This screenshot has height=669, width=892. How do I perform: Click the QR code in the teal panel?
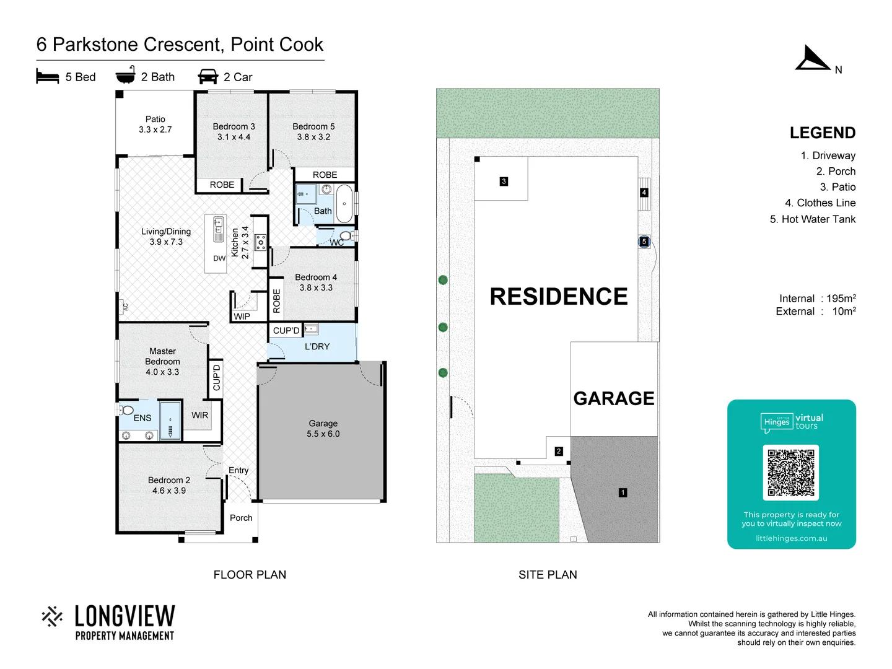791,473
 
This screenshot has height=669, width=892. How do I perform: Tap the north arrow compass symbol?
812,59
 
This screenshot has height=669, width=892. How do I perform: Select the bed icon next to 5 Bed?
48,77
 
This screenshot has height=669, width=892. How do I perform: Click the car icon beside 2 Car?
208,77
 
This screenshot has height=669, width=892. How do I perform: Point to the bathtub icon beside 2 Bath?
126,75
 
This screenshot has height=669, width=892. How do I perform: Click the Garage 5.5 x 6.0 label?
323,429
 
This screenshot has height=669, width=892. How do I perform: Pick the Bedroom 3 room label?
234,131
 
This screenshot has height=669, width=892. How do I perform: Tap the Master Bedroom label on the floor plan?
162,361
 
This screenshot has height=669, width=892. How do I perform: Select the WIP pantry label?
242,317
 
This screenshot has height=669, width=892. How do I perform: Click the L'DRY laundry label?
317,346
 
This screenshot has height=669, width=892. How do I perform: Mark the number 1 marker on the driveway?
623,492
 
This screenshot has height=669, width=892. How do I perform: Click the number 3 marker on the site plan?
504,181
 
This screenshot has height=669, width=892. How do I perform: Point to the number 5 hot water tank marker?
644,242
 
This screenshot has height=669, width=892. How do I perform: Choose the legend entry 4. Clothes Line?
820,203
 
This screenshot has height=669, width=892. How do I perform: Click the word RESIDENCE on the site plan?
559,297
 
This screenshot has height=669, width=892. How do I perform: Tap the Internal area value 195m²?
841,299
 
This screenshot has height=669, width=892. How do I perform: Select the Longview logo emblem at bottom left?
52,616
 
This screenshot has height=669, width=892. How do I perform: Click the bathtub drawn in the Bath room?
344,203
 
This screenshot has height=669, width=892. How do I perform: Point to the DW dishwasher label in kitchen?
219,258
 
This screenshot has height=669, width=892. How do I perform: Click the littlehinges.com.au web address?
791,538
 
